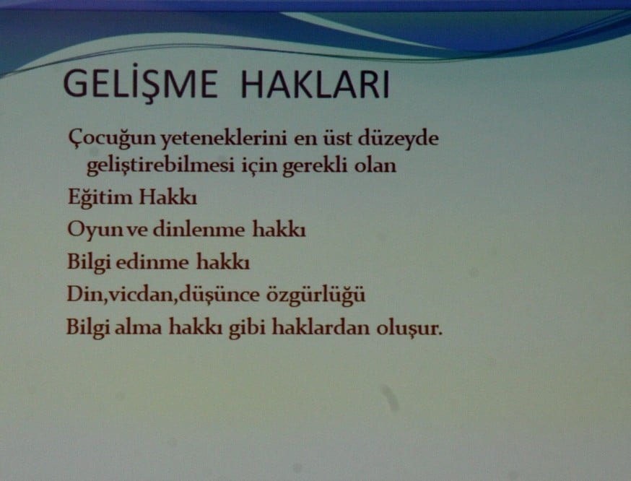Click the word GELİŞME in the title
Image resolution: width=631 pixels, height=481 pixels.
point(139,85)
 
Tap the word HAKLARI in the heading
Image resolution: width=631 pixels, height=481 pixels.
point(315,85)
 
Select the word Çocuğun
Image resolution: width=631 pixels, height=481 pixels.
point(102,138)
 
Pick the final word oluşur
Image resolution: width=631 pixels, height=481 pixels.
point(407,328)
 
